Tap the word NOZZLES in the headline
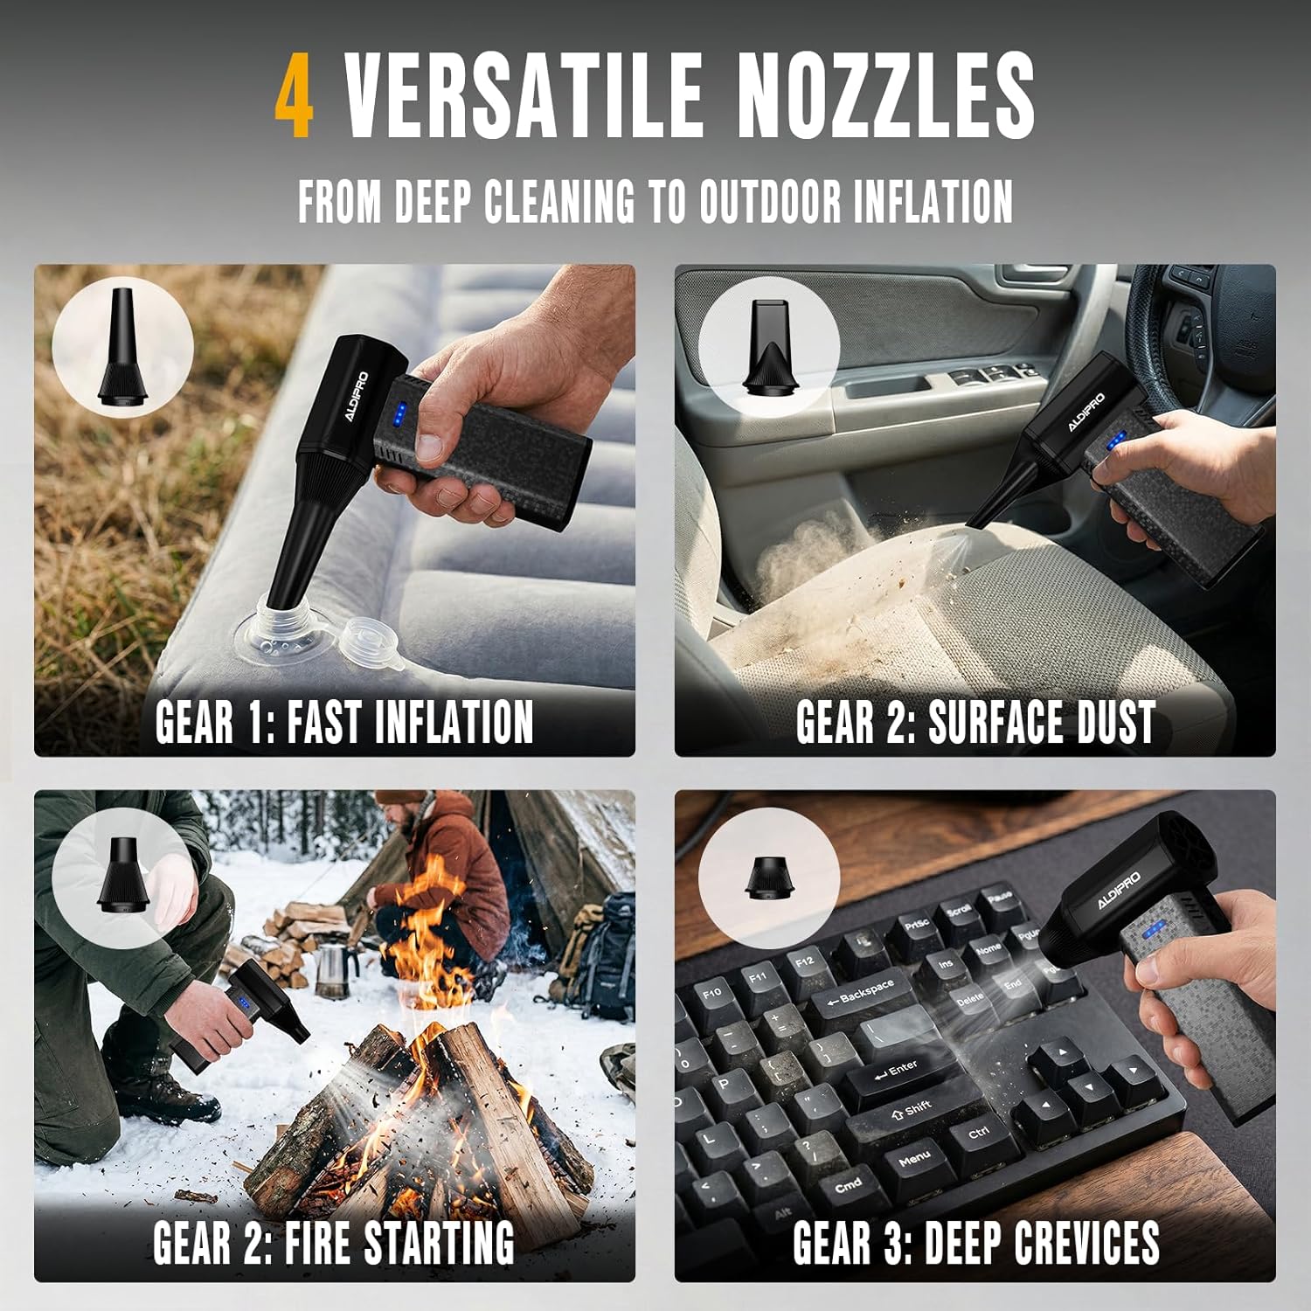(x=886, y=95)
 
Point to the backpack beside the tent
(x=602, y=953)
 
